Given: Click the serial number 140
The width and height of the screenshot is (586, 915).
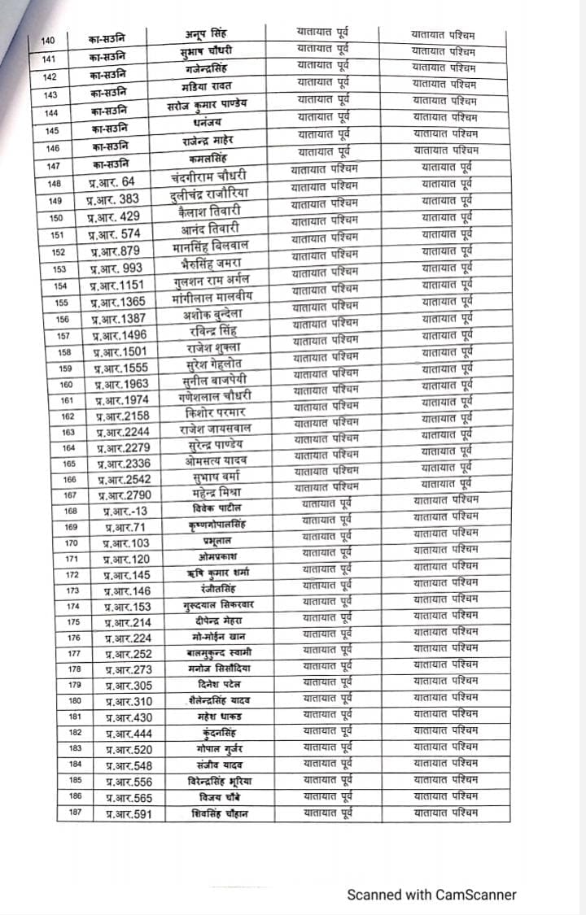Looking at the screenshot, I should click(48, 41).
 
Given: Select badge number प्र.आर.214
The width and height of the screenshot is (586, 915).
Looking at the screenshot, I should click(128, 623).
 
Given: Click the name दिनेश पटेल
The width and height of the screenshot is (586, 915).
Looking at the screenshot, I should click(216, 684).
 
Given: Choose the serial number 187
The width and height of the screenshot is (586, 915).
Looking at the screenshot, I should click(76, 814).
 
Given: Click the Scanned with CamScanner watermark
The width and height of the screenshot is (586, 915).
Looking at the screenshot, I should click(431, 895).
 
